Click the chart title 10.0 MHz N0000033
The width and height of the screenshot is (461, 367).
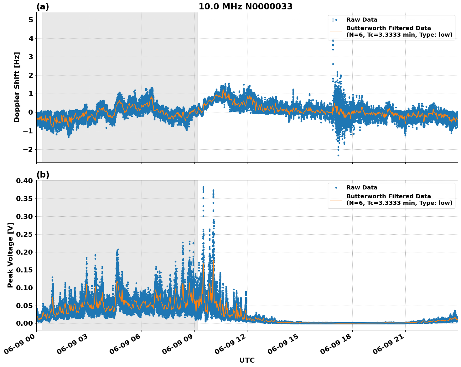(x=246, y=7)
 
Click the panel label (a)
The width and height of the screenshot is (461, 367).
(x=43, y=7)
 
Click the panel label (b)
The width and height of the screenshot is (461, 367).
(x=43, y=175)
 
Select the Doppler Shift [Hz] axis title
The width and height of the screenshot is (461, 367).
(x=17, y=87)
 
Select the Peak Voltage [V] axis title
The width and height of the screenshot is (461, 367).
(x=10, y=255)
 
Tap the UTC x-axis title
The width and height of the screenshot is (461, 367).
(x=247, y=360)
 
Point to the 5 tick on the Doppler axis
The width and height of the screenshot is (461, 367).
(x=31, y=20)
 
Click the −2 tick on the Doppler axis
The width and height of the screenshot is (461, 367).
(x=28, y=149)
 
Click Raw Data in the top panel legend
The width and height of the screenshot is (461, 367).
(x=362, y=20)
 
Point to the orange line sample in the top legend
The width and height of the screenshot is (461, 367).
(x=336, y=32)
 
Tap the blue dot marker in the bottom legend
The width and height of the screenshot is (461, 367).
(x=336, y=188)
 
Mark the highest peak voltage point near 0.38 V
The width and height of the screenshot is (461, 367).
(x=203, y=187)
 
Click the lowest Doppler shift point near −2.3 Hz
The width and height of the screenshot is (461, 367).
(x=338, y=155)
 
